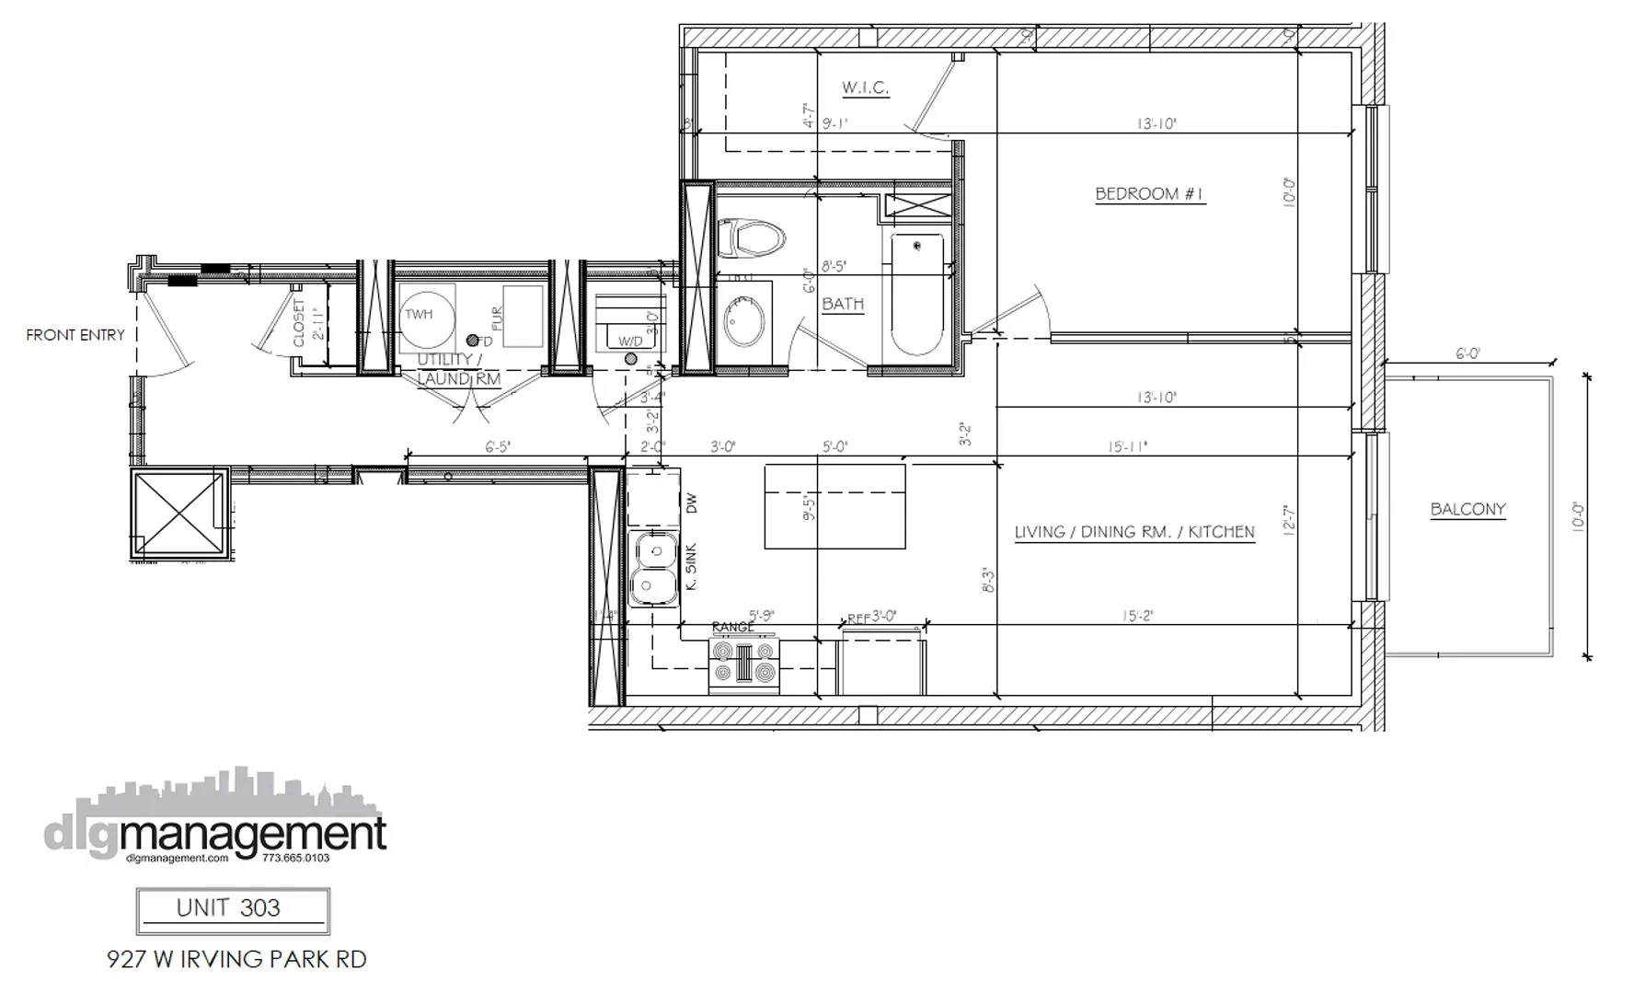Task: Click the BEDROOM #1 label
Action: click(x=1149, y=194)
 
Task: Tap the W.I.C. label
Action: click(x=865, y=88)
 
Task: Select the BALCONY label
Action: click(x=1467, y=509)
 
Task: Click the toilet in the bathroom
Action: click(x=749, y=237)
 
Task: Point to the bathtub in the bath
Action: click(x=916, y=294)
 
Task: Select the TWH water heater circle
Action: click(x=425, y=316)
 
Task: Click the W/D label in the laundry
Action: click(x=630, y=341)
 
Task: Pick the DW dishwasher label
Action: click(x=692, y=503)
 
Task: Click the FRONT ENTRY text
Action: click(x=75, y=335)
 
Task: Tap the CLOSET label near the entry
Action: click(x=299, y=322)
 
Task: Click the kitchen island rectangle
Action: click(x=834, y=506)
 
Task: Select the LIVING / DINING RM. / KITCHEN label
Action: click(x=1134, y=532)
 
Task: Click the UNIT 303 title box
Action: click(x=233, y=909)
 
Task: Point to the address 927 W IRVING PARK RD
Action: click(x=236, y=959)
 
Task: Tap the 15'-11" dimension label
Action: click(x=1128, y=447)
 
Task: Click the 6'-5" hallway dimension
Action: click(x=498, y=447)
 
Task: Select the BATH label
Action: click(x=843, y=304)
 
